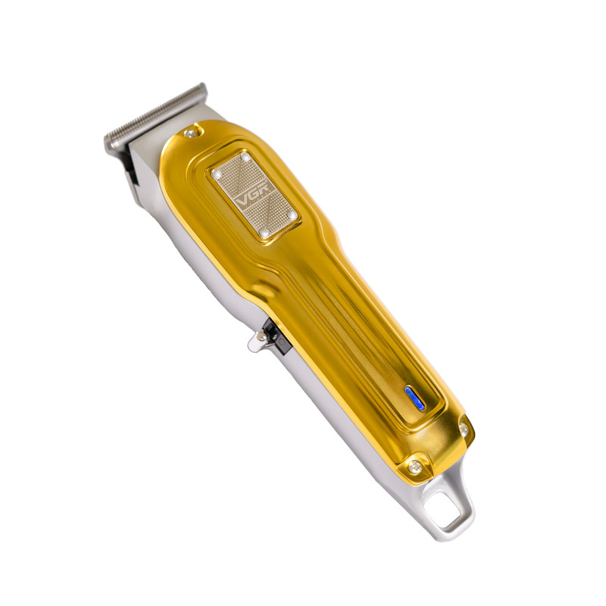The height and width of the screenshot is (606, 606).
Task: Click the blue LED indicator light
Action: pos(414,398)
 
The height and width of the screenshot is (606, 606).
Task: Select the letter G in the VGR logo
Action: pos(255,193)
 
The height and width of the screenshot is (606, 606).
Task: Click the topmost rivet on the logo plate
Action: pos(245,157)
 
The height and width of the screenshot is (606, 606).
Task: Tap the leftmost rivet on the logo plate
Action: pos(217,174)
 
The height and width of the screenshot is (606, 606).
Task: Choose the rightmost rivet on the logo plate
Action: pos(292,214)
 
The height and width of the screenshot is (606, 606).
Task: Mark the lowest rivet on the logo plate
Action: pos(264,233)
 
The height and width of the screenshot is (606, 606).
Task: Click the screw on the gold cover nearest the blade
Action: pos(190,133)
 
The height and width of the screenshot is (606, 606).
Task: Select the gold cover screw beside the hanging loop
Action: pos(414,467)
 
